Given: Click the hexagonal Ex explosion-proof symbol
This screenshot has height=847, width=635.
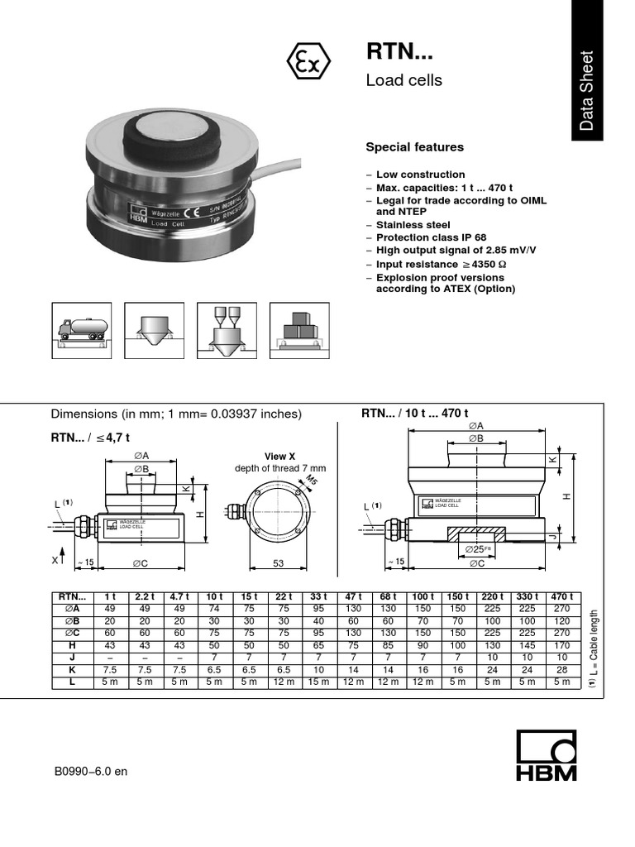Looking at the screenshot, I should [x=308, y=64].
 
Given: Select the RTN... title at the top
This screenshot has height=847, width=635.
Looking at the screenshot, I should [x=399, y=52].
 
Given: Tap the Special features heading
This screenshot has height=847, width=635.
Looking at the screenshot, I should [x=414, y=147].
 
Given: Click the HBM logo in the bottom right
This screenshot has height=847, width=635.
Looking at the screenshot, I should [x=546, y=758].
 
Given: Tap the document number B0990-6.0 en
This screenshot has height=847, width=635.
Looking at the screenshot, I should [x=91, y=772].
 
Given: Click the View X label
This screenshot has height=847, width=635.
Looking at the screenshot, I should [x=279, y=457].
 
